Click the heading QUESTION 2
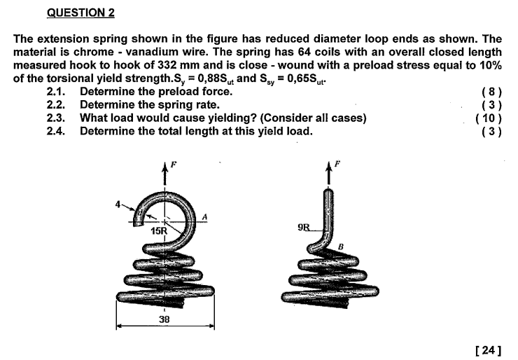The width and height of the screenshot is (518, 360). pos(80,13)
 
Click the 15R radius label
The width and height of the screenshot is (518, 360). pos(160,230)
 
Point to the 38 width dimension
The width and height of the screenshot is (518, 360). pos(164,319)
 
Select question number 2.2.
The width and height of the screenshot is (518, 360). pos(56,104)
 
